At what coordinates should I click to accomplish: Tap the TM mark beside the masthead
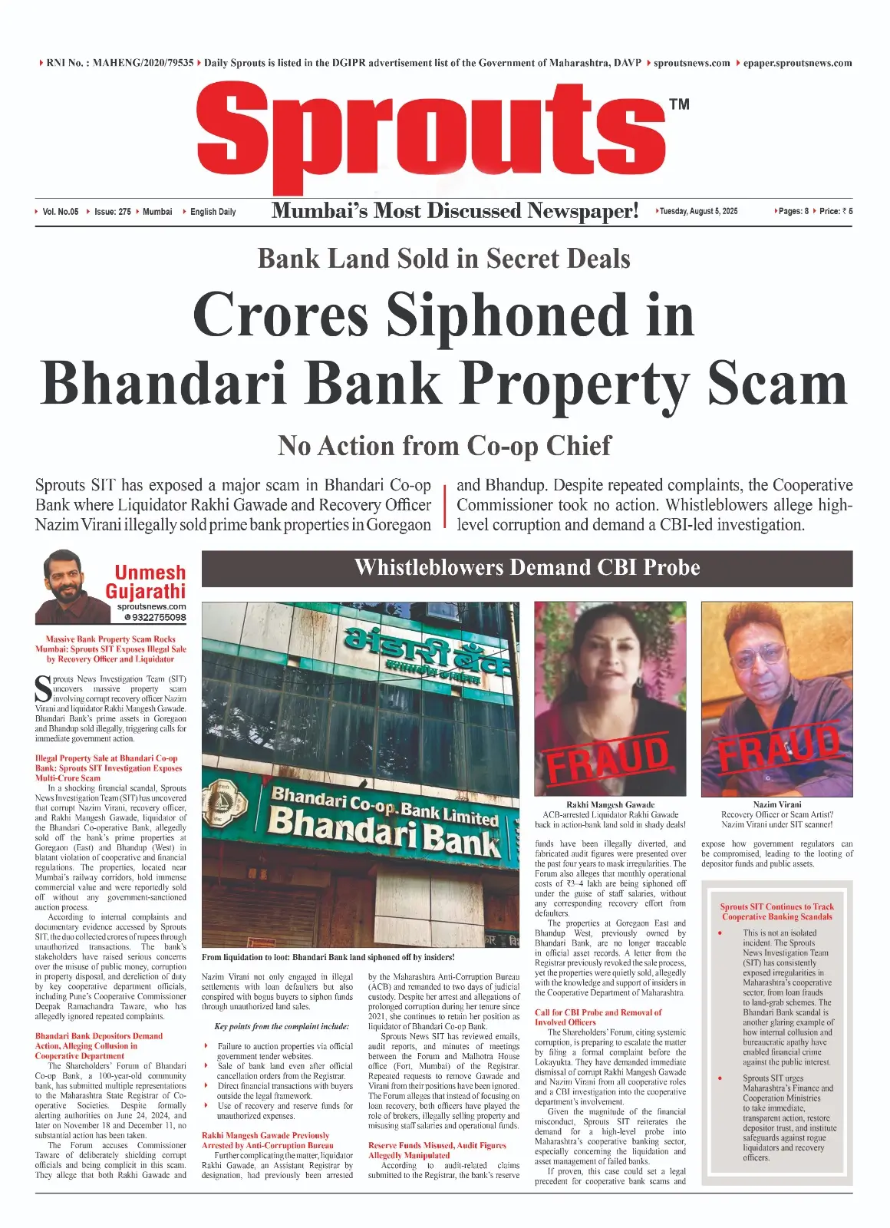(679, 104)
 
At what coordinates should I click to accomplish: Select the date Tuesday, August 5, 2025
(698, 211)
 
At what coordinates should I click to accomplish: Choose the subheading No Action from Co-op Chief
(444, 445)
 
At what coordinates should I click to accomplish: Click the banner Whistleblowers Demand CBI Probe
(527, 568)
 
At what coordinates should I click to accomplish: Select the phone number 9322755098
(154, 617)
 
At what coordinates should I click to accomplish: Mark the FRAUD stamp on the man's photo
(776, 748)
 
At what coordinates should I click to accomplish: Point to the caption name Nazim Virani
(776, 804)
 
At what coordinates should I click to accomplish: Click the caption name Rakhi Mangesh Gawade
(610, 804)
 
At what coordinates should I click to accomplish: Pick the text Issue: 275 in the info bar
(112, 212)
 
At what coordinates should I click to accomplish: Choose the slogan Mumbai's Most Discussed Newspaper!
(454, 211)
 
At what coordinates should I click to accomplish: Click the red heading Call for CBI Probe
(598, 1012)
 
